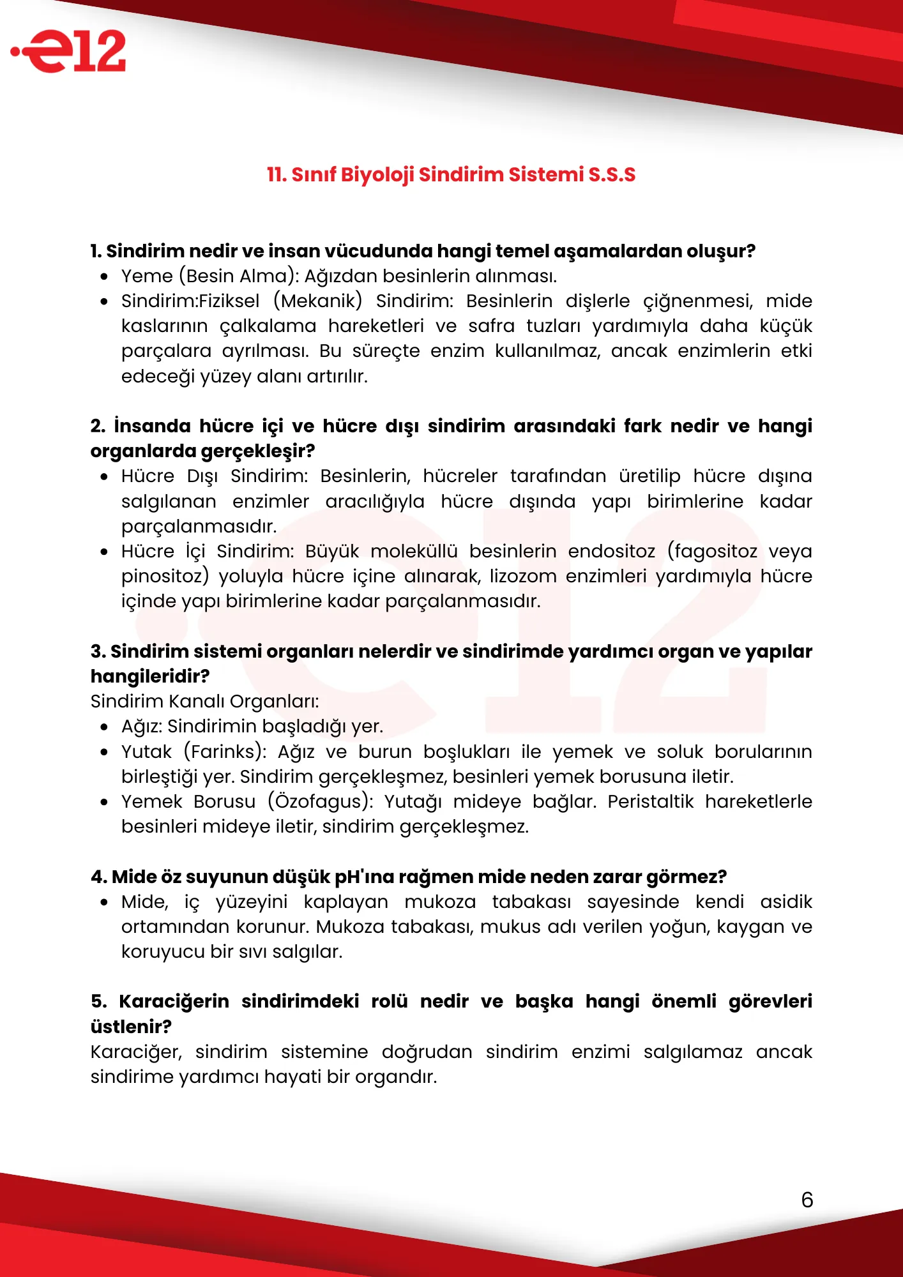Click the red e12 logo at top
click(70, 51)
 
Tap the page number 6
click(807, 1200)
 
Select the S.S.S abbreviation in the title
click(612, 175)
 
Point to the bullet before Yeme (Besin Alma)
click(104, 276)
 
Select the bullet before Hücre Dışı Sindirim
click(104, 476)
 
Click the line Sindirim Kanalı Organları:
click(204, 701)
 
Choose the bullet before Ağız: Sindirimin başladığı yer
click(104, 727)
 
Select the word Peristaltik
click(650, 801)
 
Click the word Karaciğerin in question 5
click(174, 1001)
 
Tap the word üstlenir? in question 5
click(131, 1027)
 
